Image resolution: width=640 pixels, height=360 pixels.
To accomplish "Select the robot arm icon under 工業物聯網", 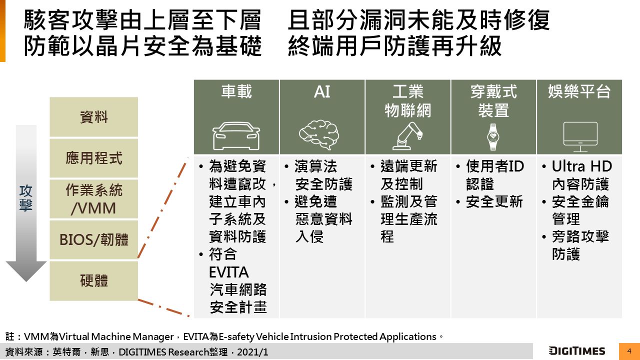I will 407,136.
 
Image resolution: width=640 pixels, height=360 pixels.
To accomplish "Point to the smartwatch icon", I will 493,136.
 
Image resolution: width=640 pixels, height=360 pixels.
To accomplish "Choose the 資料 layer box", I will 94,117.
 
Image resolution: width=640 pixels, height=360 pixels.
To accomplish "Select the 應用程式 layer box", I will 94,158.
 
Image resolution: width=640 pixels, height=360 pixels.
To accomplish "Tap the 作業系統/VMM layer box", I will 94,199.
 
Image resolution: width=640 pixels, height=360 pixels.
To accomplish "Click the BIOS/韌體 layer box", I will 94,240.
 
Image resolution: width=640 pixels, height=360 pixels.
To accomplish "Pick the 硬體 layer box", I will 94,280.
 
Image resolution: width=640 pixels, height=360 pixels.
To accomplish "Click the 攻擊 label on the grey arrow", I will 26,198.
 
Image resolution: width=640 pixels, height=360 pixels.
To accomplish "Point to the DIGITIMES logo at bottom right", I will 576,351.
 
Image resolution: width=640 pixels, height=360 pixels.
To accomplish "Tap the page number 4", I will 629,351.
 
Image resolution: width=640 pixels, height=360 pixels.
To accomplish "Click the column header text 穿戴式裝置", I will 493,101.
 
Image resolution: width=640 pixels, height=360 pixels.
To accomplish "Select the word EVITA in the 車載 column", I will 228,272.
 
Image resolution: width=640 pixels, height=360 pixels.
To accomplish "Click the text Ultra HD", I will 581,166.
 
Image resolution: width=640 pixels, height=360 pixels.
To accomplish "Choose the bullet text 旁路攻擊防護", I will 580,245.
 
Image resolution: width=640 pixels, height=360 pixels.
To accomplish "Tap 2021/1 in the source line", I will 253,352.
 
